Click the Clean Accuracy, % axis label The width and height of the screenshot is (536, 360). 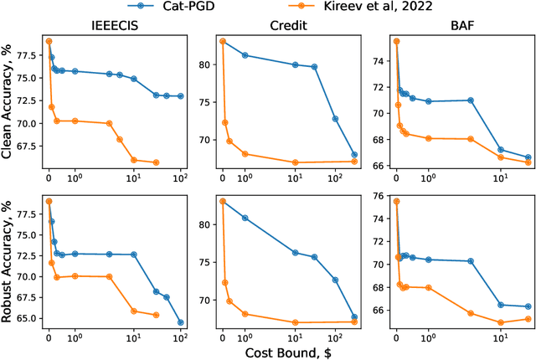pos(9,102)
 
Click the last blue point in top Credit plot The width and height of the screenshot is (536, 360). pos(354,155)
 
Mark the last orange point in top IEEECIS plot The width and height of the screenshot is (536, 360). pos(156,162)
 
